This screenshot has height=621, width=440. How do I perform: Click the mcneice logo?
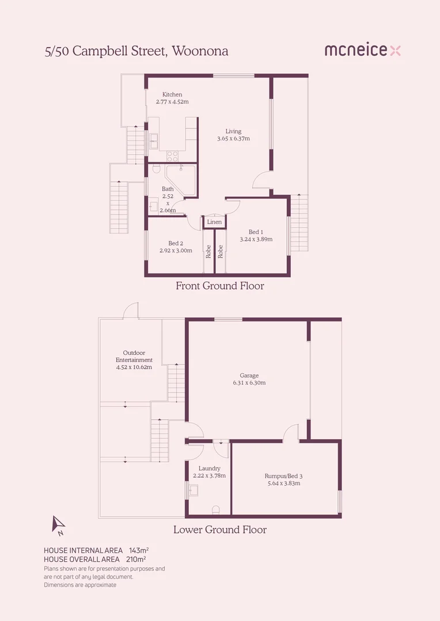(x=362, y=51)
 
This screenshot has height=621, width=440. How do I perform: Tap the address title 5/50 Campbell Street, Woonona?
(x=136, y=51)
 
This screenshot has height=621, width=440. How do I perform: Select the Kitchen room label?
(x=172, y=94)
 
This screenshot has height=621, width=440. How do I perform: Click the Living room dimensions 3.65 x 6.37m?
(x=233, y=139)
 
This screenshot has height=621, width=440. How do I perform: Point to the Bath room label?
(x=168, y=189)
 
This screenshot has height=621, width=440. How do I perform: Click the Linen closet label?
(x=214, y=222)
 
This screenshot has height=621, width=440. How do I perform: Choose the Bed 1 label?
(x=256, y=232)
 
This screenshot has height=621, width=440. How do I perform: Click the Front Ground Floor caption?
(x=219, y=286)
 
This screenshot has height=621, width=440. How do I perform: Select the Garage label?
(x=249, y=375)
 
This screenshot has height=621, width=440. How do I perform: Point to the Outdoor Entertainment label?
(x=134, y=356)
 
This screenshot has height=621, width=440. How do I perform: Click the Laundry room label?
(x=209, y=469)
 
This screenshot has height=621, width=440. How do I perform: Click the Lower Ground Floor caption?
(x=219, y=530)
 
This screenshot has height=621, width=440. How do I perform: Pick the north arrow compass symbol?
(x=58, y=524)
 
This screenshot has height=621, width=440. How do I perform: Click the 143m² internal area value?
(x=139, y=550)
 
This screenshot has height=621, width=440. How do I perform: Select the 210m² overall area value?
(x=135, y=559)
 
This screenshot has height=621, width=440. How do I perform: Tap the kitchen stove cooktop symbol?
(x=172, y=155)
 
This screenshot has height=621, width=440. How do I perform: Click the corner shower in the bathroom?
(x=181, y=178)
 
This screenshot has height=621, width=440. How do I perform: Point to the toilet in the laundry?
(x=215, y=509)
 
